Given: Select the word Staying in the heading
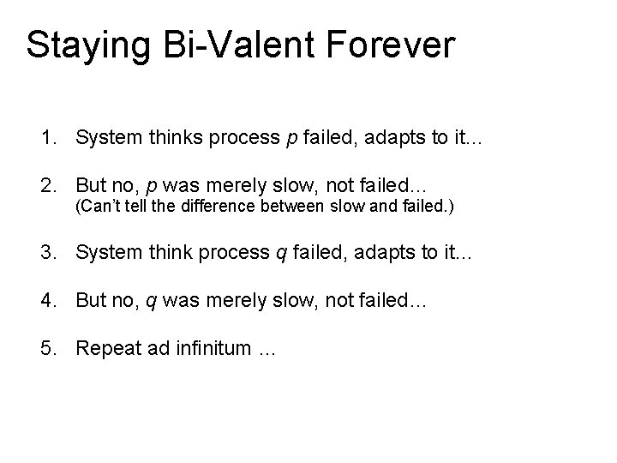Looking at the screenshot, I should pos(81,45).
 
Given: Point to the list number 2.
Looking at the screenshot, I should pos(45,185).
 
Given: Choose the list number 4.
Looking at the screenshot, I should pos(45,300).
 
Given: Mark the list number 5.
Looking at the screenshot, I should pos(45,348).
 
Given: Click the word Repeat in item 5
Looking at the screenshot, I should pos(104,348).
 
